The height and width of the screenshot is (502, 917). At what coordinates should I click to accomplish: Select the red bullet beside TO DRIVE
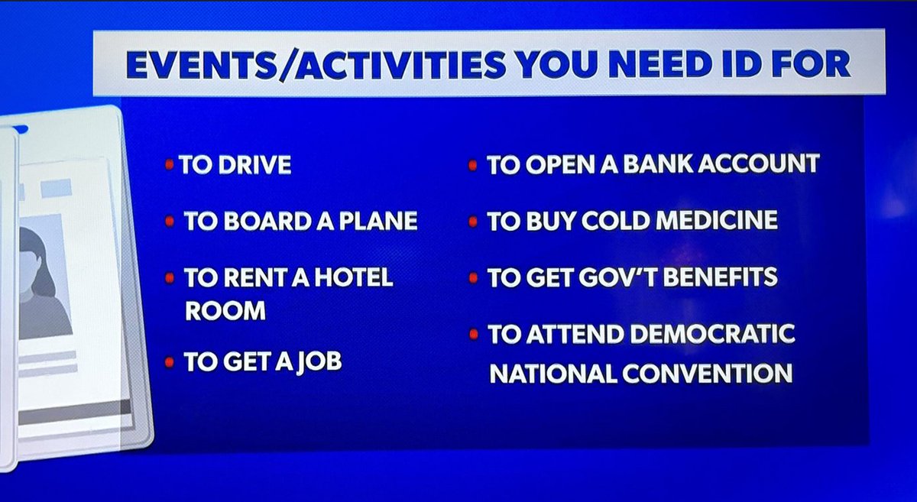click(x=170, y=166)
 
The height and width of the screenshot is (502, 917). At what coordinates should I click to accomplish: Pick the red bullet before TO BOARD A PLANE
click(x=170, y=222)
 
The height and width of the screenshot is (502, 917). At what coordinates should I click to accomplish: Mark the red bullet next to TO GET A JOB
click(x=170, y=361)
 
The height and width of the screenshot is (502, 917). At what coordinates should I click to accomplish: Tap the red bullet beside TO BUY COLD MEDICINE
click(x=473, y=221)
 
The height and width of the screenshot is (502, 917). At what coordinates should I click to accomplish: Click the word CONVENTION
click(x=711, y=374)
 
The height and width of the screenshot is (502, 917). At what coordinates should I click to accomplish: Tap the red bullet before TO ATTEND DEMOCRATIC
click(x=473, y=334)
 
